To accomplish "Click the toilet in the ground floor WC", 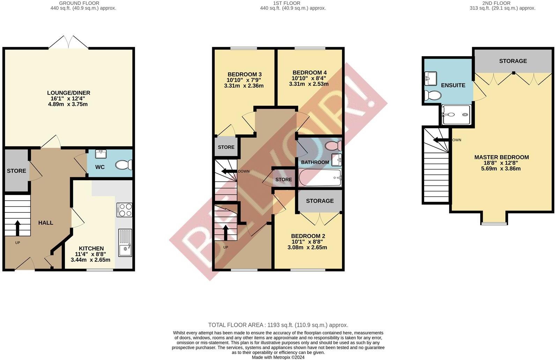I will coord(124,164).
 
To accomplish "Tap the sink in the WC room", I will coord(101,154).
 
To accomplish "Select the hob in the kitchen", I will coord(125,210).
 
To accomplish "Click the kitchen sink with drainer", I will coord(125,243).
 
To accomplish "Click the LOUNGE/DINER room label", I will coord(69,93).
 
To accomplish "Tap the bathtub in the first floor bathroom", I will coord(320,178).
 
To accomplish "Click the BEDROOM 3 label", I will coord(244,74).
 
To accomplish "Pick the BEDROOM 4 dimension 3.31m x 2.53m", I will coord(309,84).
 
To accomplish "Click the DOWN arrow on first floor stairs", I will coord(229,171).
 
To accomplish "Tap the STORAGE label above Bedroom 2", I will coord(320,201).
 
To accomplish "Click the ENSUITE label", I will coord(453,85).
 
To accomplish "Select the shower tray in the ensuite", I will coord(455,115).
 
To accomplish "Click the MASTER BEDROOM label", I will coord(501,157).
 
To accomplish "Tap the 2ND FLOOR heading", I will coord(502,3).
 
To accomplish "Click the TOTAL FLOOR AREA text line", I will coord(278,325).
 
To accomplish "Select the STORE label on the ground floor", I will coord(16,171).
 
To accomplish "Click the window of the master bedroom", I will coord(494,223).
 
